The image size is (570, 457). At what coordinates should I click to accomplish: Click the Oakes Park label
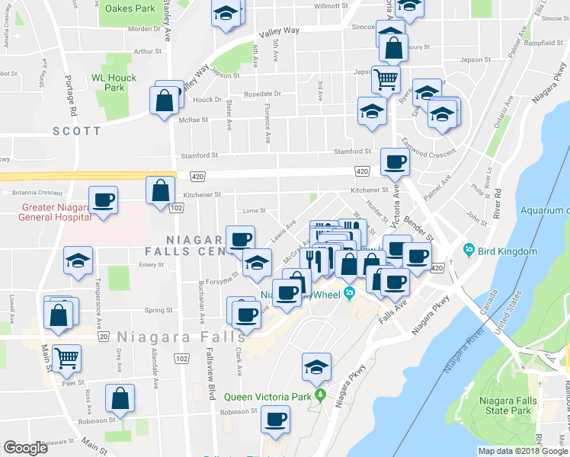[130, 9]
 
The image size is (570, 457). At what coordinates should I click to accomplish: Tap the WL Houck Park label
[114, 82]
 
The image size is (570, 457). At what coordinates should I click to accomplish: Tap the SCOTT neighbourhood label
[76, 132]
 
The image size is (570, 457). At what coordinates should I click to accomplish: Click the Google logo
[26, 448]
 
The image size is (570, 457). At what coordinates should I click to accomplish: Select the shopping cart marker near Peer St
[67, 355]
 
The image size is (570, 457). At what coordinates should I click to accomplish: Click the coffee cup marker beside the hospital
[103, 200]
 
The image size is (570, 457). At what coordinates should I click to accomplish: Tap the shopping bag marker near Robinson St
[120, 398]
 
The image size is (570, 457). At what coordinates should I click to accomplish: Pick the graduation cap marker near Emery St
[78, 260]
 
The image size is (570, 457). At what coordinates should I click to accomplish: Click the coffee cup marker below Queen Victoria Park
[275, 418]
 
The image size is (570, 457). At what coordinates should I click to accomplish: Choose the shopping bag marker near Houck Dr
[165, 100]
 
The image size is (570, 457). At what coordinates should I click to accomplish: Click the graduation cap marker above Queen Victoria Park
[316, 367]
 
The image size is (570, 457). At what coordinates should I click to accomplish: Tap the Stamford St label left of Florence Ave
[198, 155]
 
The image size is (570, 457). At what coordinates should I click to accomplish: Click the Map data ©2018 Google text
[523, 451]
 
